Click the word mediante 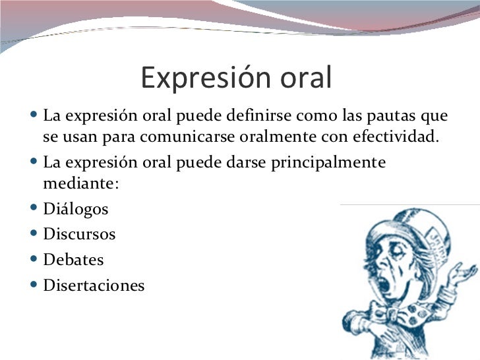coord(81,184)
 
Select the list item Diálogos coord(76,210)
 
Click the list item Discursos coord(79,234)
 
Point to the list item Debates coord(73,260)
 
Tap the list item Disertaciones coord(94,285)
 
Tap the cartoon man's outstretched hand coord(462,272)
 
